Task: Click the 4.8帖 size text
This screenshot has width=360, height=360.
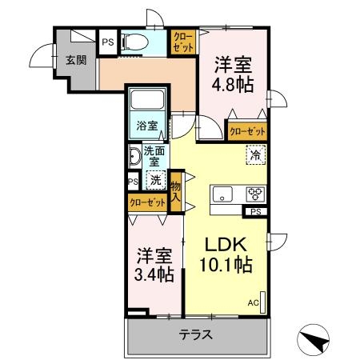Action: [x=234, y=83]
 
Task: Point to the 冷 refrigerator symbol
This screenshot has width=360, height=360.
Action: [x=254, y=155]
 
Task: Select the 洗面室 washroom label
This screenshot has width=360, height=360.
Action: [x=154, y=156]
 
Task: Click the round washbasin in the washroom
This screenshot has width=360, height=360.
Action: [x=134, y=156]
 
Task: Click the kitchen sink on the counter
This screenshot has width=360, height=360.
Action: [x=223, y=195]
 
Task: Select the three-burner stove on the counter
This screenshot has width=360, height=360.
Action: [x=254, y=194]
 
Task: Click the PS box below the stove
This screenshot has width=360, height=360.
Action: [x=255, y=211]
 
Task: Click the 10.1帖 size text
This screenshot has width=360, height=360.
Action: [x=225, y=264]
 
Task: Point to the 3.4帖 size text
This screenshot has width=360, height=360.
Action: [x=154, y=274]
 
